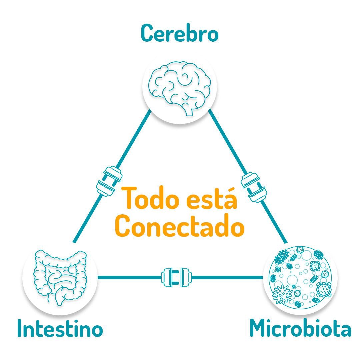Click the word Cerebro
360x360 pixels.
[x=180, y=33]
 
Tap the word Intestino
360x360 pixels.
[x=60, y=328]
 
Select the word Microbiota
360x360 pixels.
[x=301, y=328]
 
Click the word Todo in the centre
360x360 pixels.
[x=150, y=198]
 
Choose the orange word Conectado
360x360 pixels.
[x=180, y=225]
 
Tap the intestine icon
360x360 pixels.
[x=60, y=277]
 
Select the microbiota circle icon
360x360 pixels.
[x=301, y=277]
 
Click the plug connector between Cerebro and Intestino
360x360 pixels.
[x=109, y=181]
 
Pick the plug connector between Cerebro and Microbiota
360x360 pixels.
[x=253, y=187]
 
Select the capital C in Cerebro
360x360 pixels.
[x=147, y=33]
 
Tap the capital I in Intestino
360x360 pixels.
[x=20, y=328]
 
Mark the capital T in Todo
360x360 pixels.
[x=129, y=198]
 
